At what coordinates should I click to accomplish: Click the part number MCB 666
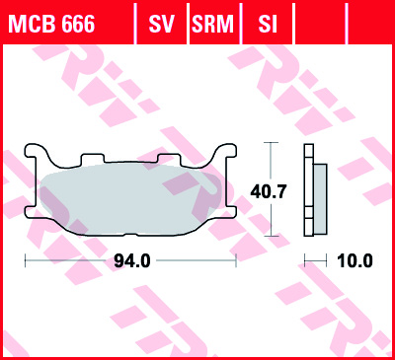click(52, 24)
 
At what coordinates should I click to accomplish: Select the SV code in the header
click(161, 24)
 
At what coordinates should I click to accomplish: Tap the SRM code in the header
click(212, 24)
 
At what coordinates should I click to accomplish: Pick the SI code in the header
click(268, 24)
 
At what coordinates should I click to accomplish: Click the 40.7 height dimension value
click(269, 191)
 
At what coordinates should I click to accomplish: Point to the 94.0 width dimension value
click(132, 261)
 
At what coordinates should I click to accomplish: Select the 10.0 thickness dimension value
click(355, 261)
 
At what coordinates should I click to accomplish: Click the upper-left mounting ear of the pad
click(32, 150)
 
